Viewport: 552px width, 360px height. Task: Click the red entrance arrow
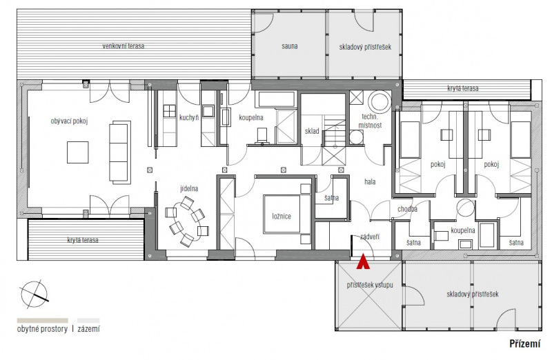[x=364, y=262]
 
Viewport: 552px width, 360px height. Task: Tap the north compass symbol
[x=34, y=294]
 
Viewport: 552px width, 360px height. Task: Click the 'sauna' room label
[x=290, y=46]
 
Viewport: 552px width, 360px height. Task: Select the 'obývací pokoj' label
[x=70, y=121]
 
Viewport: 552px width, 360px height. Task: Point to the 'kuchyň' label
[x=189, y=117]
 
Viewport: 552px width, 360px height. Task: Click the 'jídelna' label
[x=189, y=189]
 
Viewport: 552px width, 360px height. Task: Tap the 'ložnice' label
[x=282, y=216]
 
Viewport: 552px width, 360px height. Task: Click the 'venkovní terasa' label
[x=124, y=46]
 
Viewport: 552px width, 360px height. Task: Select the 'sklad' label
[x=312, y=131]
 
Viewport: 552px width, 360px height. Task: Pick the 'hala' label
[x=370, y=182]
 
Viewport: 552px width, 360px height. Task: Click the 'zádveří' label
[x=370, y=237]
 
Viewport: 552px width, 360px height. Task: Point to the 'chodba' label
[x=407, y=209]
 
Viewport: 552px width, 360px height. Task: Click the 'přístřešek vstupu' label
[x=370, y=285]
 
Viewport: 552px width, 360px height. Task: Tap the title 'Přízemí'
[x=525, y=343]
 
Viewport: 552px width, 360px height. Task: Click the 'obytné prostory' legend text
[x=42, y=330]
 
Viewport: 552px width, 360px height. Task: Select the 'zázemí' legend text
[x=89, y=330]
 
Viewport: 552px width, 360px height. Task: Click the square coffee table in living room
[x=78, y=152]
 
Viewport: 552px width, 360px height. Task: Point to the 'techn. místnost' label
[x=370, y=121]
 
